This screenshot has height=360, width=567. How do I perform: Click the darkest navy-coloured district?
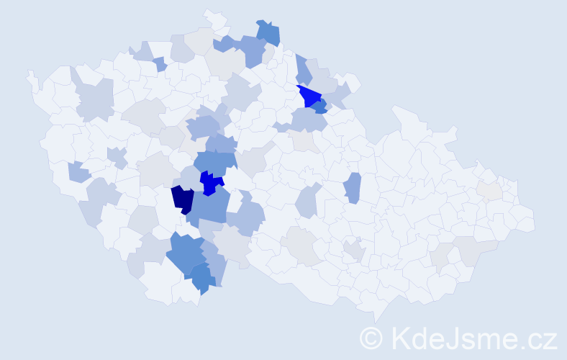[x=182, y=199]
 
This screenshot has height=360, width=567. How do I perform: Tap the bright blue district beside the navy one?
[x=211, y=183]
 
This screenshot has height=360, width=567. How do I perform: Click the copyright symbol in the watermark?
[x=371, y=336]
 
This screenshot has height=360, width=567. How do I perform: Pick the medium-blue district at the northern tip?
[x=268, y=32]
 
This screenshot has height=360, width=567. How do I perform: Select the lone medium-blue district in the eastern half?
[x=352, y=188]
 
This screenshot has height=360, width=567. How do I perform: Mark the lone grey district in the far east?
[x=490, y=190]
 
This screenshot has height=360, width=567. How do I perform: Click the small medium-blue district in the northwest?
[x=160, y=65]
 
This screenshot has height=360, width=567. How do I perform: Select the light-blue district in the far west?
[x=79, y=172]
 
